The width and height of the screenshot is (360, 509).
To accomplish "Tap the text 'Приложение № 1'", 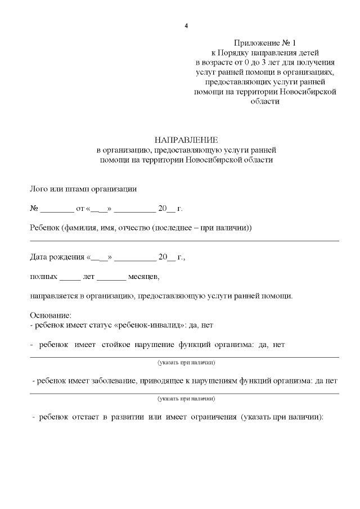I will click(x=264, y=43).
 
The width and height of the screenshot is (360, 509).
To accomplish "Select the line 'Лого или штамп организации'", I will click(x=83, y=188).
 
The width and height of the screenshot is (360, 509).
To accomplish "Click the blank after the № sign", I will click(x=57, y=209).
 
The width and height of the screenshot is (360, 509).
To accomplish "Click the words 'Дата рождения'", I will click(x=56, y=258).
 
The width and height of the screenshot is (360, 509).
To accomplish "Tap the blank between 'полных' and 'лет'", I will click(x=70, y=277).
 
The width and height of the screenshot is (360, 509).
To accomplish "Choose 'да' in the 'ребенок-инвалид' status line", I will click(x=194, y=325).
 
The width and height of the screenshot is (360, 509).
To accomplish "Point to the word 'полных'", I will click(x=43, y=277).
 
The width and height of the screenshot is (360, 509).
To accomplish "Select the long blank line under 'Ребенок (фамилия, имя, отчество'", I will click(x=184, y=240).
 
